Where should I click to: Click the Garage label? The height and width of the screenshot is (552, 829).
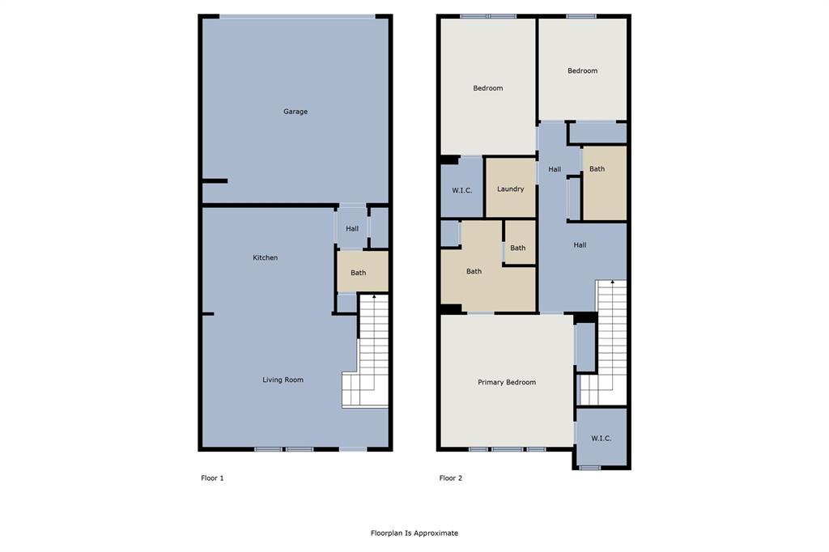click(x=295, y=112)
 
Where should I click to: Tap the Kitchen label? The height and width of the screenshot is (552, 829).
click(x=266, y=257)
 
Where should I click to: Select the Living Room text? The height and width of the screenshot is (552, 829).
click(x=283, y=380)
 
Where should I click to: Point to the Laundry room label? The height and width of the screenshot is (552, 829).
click(x=510, y=189)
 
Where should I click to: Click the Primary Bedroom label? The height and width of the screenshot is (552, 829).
click(x=507, y=382)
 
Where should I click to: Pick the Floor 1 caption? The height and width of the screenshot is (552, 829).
click(x=212, y=478)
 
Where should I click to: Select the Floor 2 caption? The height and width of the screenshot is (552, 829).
click(x=451, y=478)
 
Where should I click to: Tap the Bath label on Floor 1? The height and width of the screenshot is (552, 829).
click(x=359, y=273)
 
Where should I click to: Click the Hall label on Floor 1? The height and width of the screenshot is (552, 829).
click(x=352, y=229)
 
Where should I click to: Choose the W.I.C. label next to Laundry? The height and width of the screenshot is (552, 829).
click(x=461, y=190)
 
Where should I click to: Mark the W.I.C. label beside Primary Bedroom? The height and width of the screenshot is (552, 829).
click(x=601, y=438)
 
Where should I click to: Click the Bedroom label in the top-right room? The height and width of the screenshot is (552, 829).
click(x=582, y=71)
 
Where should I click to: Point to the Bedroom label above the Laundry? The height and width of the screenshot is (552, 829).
click(x=488, y=88)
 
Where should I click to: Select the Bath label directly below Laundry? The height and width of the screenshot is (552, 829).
click(x=517, y=248)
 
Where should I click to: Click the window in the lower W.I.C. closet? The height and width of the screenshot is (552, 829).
click(x=590, y=467)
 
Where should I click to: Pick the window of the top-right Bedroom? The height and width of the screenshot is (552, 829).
click(x=581, y=16)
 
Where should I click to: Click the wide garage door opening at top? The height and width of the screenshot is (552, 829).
click(x=297, y=16)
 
